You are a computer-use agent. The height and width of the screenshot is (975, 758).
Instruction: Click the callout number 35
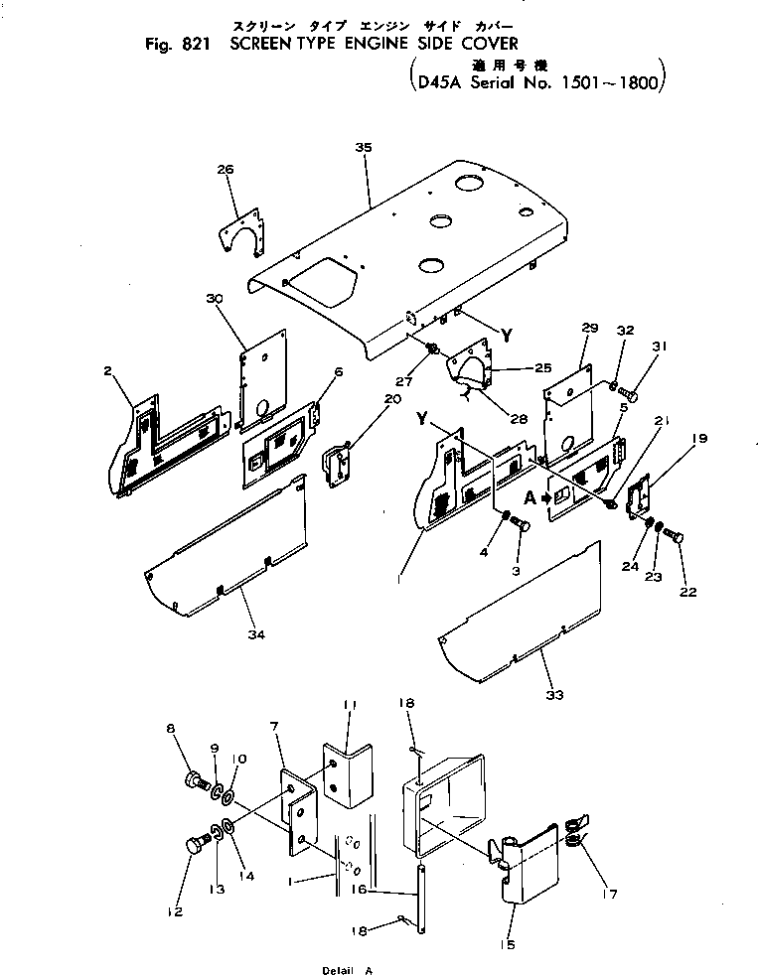click(x=362, y=147)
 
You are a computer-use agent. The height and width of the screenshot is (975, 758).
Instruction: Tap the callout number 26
click(x=226, y=170)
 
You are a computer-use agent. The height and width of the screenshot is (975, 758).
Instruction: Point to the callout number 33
click(x=554, y=694)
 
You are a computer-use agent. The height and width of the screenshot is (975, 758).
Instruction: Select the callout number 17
click(x=608, y=894)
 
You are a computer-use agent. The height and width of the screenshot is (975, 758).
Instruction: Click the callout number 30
click(x=213, y=299)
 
